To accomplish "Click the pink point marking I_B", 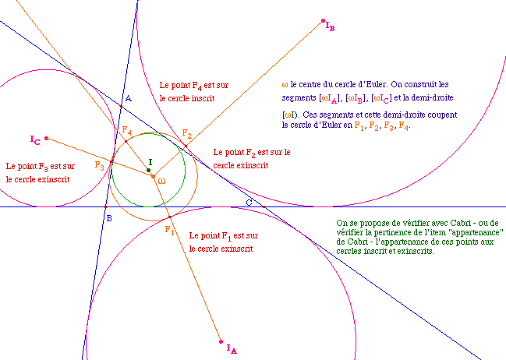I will (x=323, y=20).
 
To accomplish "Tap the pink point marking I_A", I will (x=221, y=340).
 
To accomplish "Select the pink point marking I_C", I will (x=47, y=139).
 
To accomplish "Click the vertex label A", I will (x=129, y=99).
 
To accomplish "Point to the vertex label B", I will (x=109, y=218).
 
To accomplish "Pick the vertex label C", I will (x=249, y=203).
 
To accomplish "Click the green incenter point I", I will (x=148, y=169).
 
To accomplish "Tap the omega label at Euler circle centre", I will (x=161, y=181).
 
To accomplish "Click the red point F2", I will (x=186, y=146).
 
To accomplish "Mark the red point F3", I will (x=111, y=162).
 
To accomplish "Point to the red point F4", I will (x=126, y=141).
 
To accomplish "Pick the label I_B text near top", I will (x=330, y=26).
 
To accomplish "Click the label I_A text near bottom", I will (x=232, y=349).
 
